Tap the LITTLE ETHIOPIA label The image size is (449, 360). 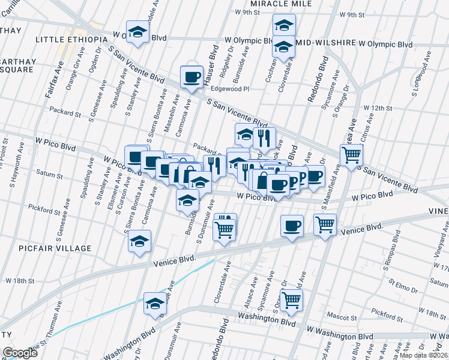[x=67, y=40]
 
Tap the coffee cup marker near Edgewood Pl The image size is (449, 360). [x=192, y=77]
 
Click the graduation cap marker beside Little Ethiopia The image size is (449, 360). [x=137, y=32]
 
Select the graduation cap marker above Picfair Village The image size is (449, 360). [x=140, y=242]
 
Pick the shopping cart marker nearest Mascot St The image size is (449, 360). [x=291, y=300]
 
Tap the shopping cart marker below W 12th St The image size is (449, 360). [x=351, y=155]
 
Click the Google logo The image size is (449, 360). [x=20, y=353]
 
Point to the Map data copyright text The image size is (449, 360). [x=424, y=355]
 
